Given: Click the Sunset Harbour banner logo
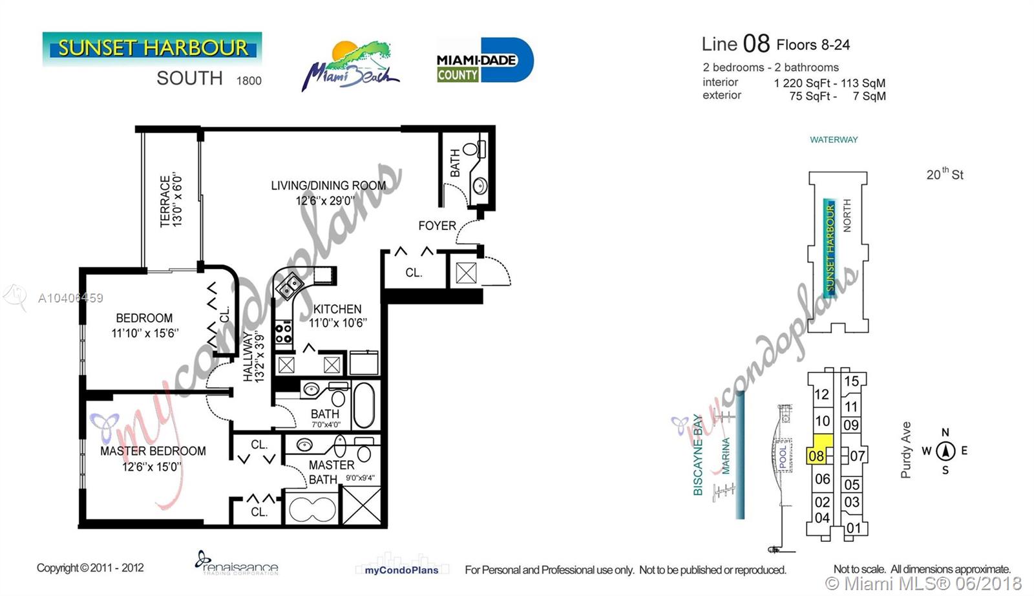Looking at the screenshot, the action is tap(152, 48).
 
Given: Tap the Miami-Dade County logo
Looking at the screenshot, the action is tap(485, 60).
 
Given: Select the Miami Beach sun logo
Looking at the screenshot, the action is tap(350, 66).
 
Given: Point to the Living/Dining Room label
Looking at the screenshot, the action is tap(328, 185).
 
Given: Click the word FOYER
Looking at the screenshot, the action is tap(437, 226).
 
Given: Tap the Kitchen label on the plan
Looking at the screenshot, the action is tap(337, 309).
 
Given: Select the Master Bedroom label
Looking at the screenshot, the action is tap(153, 451).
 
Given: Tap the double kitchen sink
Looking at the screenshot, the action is tap(290, 285).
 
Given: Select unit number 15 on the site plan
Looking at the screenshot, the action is tap(851, 381).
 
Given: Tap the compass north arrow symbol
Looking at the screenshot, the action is tap(945, 451).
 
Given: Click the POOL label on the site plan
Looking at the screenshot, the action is tap(783, 456).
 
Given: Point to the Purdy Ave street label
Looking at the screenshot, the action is tap(905, 450).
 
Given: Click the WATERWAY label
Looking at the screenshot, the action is tap(834, 140).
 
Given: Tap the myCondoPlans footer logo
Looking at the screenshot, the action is tap(401, 570).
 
